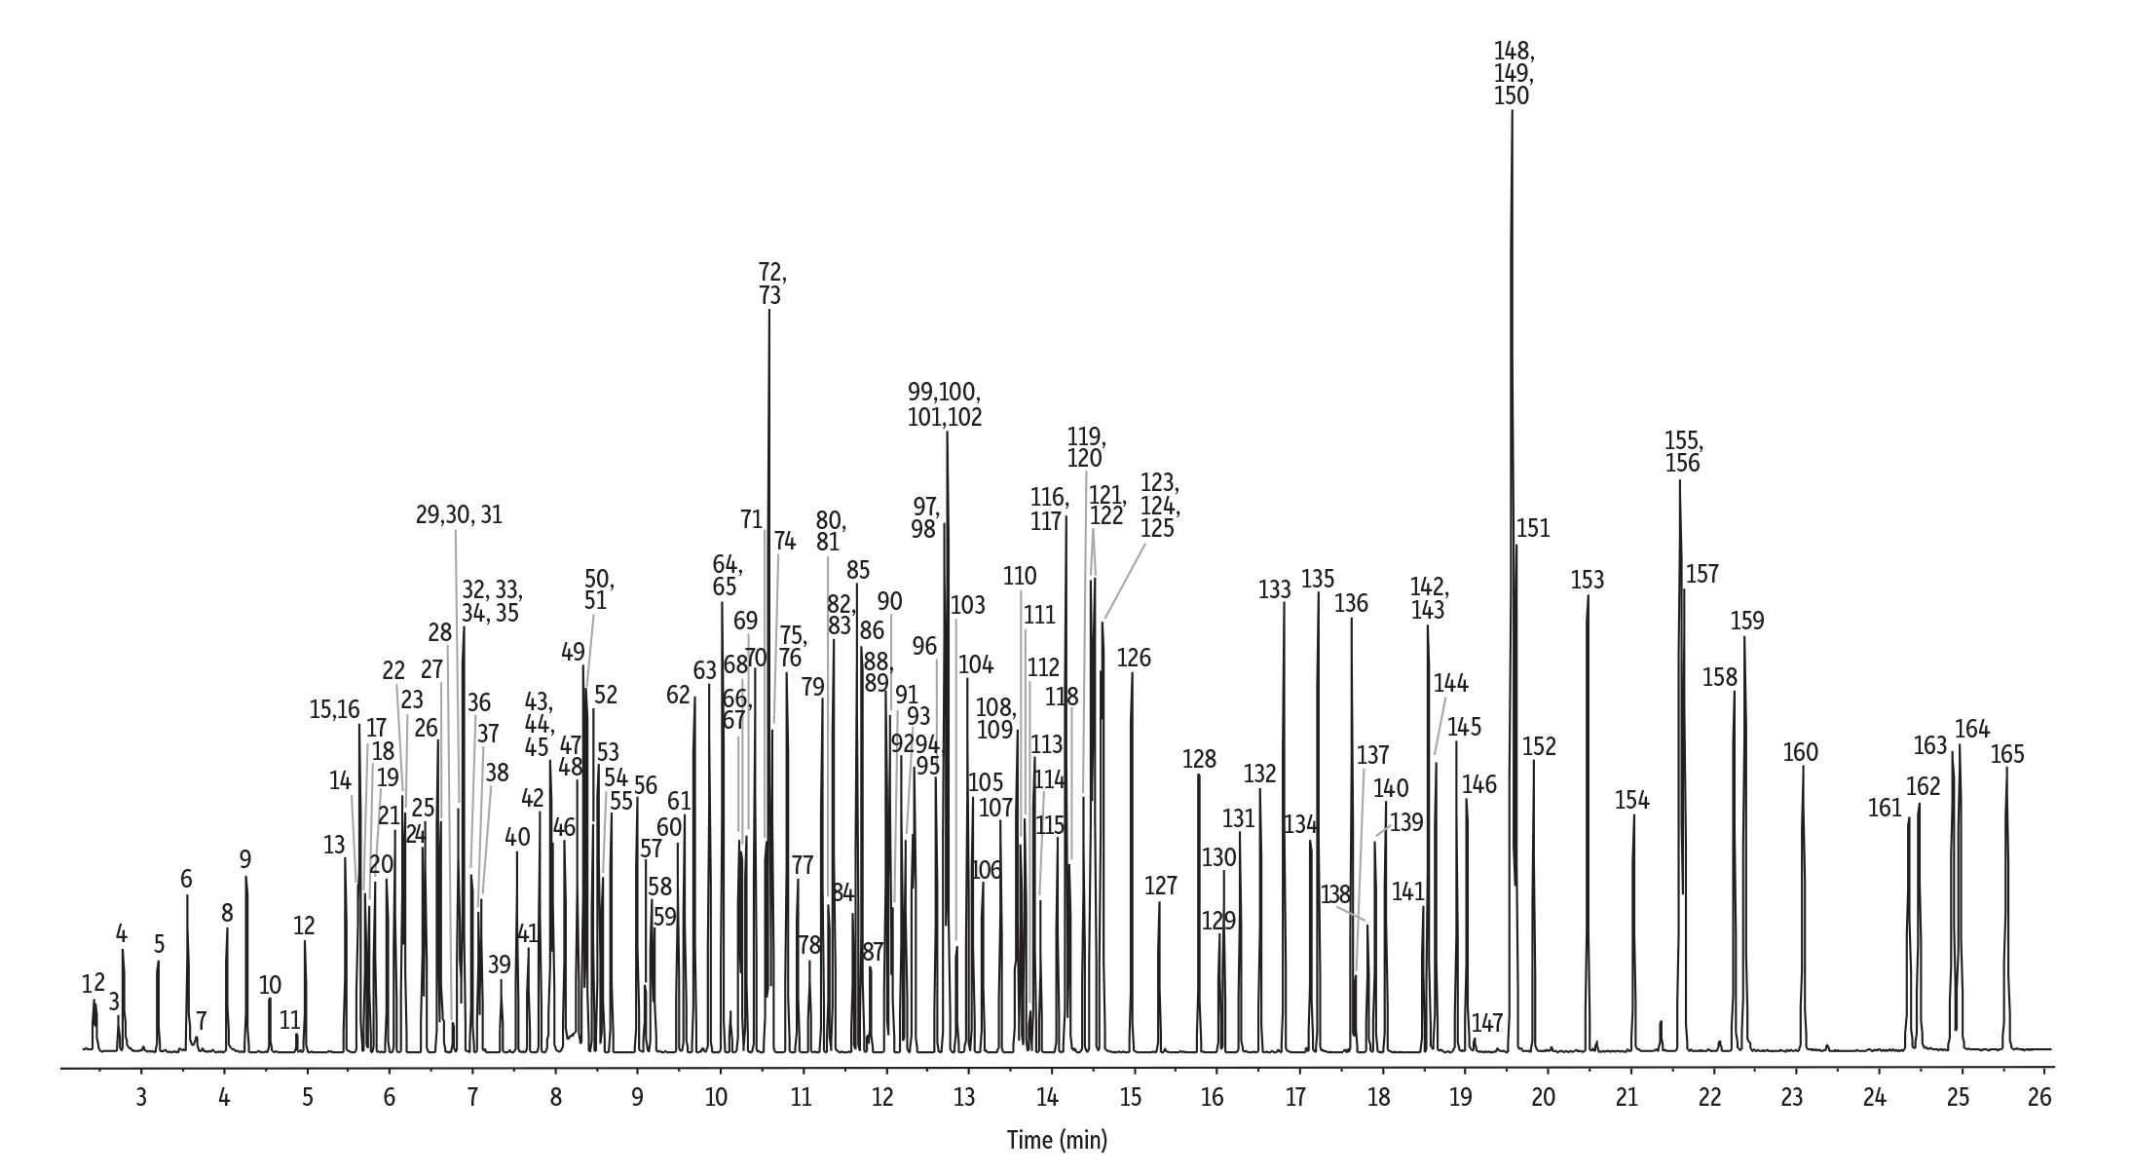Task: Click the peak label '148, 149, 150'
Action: point(1514,73)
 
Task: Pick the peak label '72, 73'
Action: point(770,284)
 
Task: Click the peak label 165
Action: point(2006,754)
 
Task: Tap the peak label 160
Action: point(1801,752)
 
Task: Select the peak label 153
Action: point(1587,581)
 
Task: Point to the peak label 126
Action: point(1133,659)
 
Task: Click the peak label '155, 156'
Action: point(1683,451)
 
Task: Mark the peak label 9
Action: point(245,859)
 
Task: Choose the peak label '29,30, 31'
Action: point(459,515)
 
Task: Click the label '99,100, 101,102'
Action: point(945,404)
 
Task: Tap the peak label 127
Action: point(1160,886)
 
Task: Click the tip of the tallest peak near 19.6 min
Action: point(1512,112)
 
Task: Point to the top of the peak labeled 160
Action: point(1803,768)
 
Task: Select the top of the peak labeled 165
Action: point(2006,770)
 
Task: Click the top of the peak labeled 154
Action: point(1633,816)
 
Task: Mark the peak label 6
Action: point(186,880)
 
